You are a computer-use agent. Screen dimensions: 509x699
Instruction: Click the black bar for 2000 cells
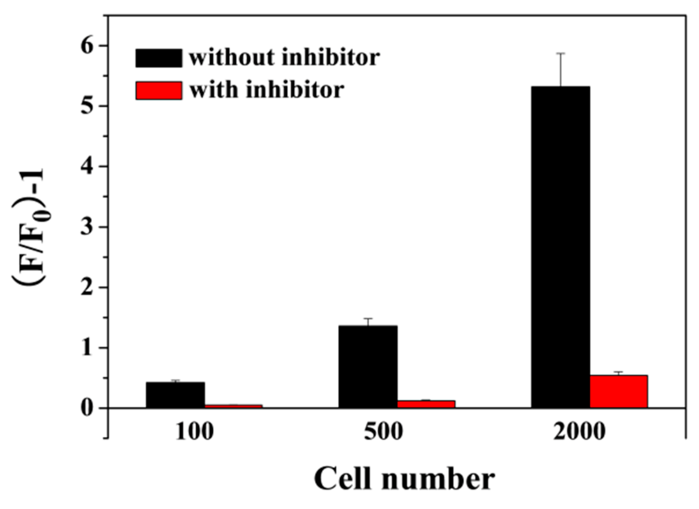pos(560,247)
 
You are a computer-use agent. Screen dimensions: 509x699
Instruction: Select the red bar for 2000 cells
pos(619,391)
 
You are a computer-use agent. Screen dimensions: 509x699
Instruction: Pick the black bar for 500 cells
pos(368,367)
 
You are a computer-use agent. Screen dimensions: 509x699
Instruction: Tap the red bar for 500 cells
pos(426,404)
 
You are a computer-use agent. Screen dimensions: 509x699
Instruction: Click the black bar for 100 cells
pos(175,395)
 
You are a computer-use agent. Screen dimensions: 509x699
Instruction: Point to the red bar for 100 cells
pos(233,406)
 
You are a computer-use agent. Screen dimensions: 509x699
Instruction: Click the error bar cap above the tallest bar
pos(561,53)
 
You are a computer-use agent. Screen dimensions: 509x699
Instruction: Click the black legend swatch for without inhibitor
pos(158,58)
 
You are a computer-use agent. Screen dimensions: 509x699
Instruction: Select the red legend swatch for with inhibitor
pos(158,90)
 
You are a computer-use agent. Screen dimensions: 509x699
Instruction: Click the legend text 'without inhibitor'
pos(284,58)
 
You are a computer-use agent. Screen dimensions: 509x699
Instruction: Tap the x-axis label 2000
pos(579,431)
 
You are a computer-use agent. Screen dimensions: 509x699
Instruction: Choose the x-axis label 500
pos(383,431)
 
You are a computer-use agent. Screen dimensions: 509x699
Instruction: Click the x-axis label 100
pos(194,431)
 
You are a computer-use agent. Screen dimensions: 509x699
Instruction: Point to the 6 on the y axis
pos(88,46)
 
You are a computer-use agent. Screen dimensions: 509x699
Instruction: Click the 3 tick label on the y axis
pos(88,227)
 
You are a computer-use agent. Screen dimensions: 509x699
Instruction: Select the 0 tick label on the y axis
pos(88,408)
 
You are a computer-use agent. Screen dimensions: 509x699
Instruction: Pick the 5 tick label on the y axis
pos(88,106)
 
